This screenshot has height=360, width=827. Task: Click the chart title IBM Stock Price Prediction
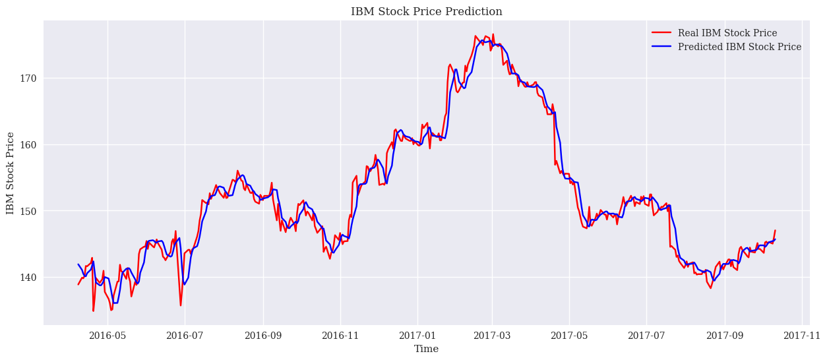[426, 11]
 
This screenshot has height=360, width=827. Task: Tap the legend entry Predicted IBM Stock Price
[739, 47]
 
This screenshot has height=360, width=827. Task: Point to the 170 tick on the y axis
[29, 78]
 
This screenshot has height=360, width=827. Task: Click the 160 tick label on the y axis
[29, 145]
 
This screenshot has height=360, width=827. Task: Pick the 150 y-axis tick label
[29, 211]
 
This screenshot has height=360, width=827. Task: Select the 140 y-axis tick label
[29, 278]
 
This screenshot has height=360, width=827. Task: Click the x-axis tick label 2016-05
[107, 335]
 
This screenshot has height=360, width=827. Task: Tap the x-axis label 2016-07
[185, 335]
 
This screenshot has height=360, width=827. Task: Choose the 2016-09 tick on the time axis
[263, 335]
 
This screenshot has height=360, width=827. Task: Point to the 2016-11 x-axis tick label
[340, 335]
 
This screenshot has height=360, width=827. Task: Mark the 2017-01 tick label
[417, 335]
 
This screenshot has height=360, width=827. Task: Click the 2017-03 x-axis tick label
[493, 335]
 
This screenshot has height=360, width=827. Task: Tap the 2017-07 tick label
[647, 335]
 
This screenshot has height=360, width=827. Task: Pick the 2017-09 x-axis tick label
[725, 335]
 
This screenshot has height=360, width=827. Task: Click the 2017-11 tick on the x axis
[802, 335]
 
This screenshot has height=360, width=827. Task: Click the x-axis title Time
[426, 349]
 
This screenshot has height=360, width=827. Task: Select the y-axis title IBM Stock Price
[10, 173]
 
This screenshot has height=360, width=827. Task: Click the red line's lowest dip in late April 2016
[93, 311]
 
